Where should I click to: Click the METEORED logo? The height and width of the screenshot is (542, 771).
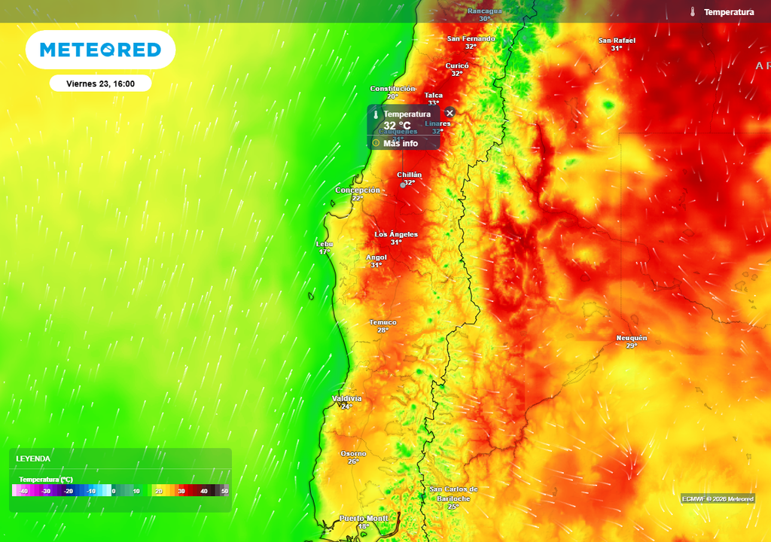pos(100,50)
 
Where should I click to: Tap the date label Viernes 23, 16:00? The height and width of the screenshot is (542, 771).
pos(100,84)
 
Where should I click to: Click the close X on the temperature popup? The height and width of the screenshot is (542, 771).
pos(450,113)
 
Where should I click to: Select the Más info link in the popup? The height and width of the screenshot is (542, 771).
pos(400,143)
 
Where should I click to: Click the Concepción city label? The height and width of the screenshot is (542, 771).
pos(358,190)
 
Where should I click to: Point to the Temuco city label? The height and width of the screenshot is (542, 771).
pos(382,322)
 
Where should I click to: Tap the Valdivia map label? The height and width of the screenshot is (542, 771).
pos(346,398)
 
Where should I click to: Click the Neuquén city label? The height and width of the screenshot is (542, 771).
pos(631,338)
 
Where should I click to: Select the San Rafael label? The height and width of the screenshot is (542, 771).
pos(617,41)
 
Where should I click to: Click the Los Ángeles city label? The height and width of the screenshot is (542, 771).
pos(396,234)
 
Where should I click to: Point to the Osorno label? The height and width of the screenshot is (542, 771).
pos(353,453)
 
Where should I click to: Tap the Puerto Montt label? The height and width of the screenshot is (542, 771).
pos(364,518)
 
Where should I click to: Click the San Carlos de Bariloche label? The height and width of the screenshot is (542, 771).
pos(453,493)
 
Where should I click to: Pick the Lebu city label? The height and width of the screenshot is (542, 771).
pos(325,244)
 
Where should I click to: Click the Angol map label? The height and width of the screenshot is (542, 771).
pos(376,257)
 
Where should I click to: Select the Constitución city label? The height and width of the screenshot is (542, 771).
pos(392,89)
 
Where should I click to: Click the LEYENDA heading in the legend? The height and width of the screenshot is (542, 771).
pos(33,458)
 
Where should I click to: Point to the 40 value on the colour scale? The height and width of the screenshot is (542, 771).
pos(203,491)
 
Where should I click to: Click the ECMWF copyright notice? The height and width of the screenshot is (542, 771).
pos(718,498)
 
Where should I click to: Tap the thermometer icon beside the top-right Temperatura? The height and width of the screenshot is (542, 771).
pos(692,12)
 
